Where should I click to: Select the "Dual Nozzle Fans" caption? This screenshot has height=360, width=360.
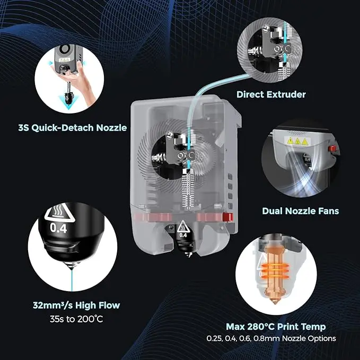tap(300, 210)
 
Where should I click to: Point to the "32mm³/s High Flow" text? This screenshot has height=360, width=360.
tap(75, 305)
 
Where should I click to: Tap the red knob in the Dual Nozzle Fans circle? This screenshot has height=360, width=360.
tap(332, 148)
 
